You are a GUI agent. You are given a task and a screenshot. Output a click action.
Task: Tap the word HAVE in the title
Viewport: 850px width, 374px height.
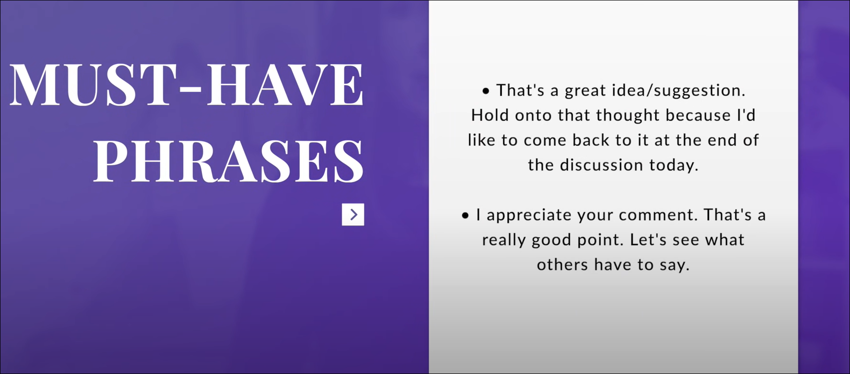285,84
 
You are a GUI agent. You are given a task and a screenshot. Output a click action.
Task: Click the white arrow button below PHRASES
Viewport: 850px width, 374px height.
353,215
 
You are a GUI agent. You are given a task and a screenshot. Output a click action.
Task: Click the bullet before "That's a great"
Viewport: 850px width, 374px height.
486,91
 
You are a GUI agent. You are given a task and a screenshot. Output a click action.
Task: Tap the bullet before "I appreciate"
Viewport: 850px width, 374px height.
465,216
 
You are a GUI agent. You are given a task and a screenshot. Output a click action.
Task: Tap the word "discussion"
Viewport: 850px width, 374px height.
602,165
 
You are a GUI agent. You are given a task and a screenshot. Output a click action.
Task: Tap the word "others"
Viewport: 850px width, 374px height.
562,265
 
